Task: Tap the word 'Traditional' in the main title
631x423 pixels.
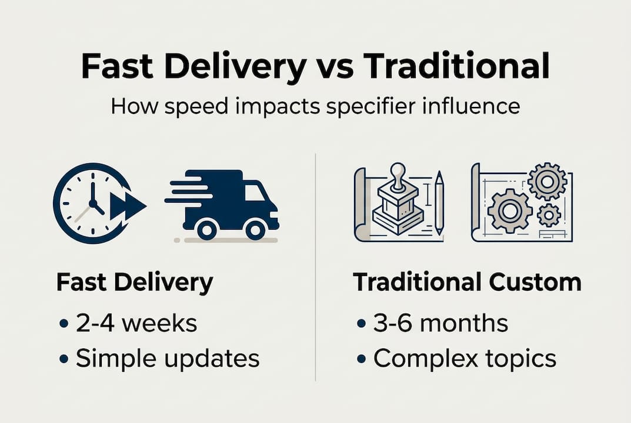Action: pyautogui.click(x=456, y=66)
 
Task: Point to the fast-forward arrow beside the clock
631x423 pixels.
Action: pyautogui.click(x=128, y=206)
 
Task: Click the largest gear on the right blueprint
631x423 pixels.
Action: pyautogui.click(x=509, y=210)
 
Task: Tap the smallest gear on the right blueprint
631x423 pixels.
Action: pyautogui.click(x=549, y=215)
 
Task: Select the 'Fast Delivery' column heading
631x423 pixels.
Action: pyautogui.click(x=135, y=283)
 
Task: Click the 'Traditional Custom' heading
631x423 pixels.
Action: pyautogui.click(x=468, y=283)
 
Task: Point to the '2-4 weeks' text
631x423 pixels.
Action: pyautogui.click(x=136, y=323)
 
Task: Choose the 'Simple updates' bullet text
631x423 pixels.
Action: pyautogui.click(x=168, y=359)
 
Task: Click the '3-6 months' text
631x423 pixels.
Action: pyautogui.click(x=441, y=323)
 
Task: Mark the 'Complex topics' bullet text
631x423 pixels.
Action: pyautogui.click(x=465, y=359)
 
